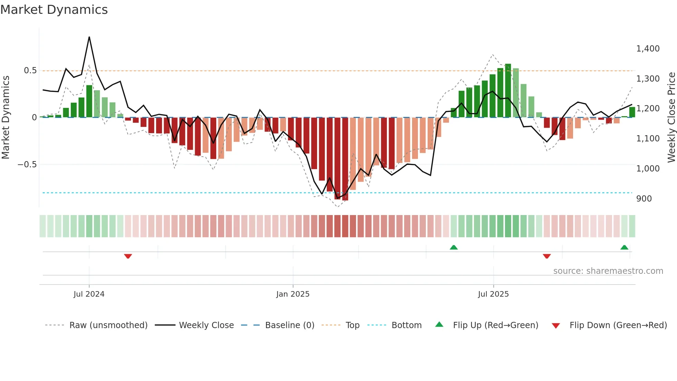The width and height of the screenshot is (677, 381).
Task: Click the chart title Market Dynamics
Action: tap(54, 10)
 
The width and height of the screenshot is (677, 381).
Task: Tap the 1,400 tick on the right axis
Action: tap(648, 49)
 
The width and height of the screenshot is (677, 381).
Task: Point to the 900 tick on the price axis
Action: tap(644, 199)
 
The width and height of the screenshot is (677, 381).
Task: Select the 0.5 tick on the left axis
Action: tap(30, 71)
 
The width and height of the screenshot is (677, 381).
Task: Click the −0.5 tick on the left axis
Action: tap(27, 165)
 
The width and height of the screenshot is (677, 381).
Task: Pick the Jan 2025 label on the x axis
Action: tap(293, 294)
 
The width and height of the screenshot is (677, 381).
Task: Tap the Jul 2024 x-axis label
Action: tap(89, 294)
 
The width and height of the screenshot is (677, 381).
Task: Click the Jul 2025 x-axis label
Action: tap(493, 294)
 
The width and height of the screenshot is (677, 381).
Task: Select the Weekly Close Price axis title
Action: tap(671, 117)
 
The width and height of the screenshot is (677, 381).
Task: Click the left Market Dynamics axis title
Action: tap(6, 117)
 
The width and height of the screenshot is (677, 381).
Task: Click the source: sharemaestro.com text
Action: tap(608, 271)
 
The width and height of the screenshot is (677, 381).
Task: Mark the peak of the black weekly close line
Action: tap(89, 37)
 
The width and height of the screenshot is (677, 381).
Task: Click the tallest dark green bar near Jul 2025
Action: tap(508, 91)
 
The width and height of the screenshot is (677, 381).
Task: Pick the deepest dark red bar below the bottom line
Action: tap(345, 159)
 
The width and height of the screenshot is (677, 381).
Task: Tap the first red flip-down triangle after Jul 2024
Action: tap(128, 256)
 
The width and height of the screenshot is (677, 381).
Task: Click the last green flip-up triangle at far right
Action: tap(624, 247)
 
